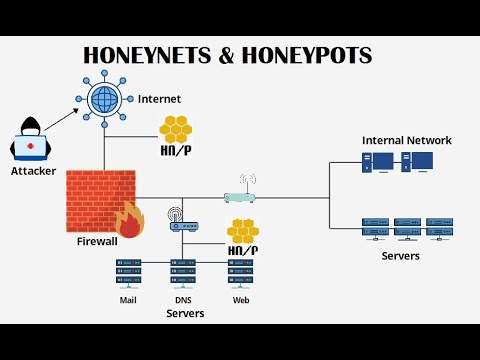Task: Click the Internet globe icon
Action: coord(105,99)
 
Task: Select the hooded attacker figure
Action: coord(31,140)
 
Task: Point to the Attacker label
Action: coord(34,171)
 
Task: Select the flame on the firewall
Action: coord(129,221)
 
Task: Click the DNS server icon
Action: coord(183,274)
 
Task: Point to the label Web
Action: coord(240,299)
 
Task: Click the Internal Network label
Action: coord(406,140)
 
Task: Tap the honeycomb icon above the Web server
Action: coord(241,231)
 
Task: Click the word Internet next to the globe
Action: coord(159,99)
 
